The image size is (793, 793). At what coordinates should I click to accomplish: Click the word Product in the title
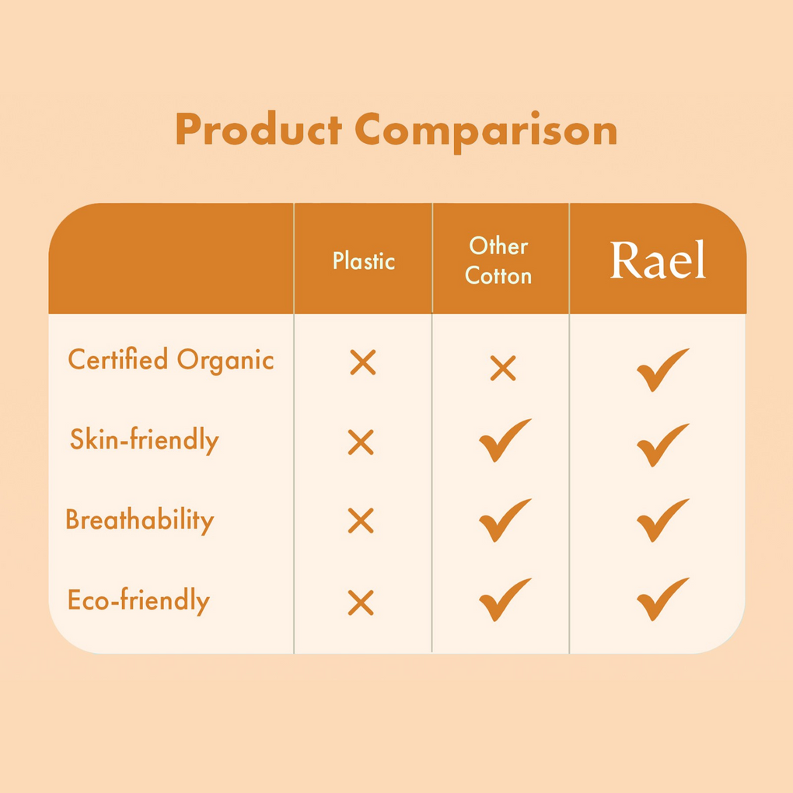tap(258, 130)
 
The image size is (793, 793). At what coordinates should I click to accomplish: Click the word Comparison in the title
tap(486, 132)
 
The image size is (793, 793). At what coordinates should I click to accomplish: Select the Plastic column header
tap(364, 261)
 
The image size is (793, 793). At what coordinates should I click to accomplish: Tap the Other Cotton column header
tap(498, 261)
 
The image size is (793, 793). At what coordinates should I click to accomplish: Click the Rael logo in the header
tap(658, 260)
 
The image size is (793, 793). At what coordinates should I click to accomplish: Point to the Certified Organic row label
tap(171, 361)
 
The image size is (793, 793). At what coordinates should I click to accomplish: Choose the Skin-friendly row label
tap(145, 440)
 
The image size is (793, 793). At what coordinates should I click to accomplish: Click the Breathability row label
tap(140, 520)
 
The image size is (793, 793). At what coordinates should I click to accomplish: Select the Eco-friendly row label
tap(138, 601)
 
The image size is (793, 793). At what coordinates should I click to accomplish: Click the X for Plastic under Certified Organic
tap(363, 362)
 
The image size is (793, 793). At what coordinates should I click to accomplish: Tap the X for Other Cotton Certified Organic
tap(503, 368)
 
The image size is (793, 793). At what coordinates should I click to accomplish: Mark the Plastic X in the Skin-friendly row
tap(361, 442)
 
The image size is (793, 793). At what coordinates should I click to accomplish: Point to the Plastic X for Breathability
tap(361, 521)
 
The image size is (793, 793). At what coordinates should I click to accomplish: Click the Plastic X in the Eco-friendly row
tap(361, 603)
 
